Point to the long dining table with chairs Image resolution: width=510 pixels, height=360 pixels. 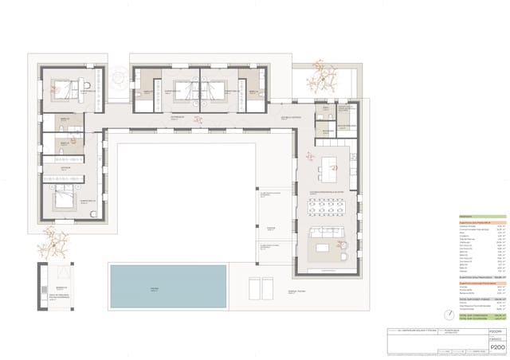(x=327, y=209)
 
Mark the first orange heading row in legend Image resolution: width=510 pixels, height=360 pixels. (x=481, y=222)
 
